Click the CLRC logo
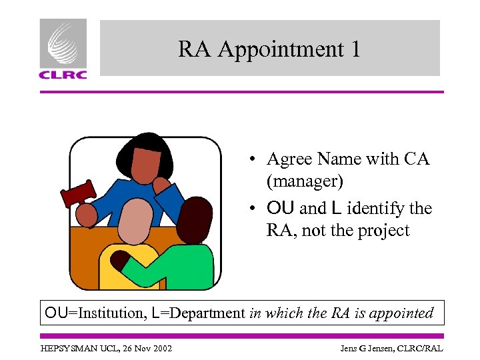pyautogui.click(x=63, y=49)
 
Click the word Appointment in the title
pyautogui.click(x=278, y=49)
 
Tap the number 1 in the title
pyautogui.click(x=355, y=49)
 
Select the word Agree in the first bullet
pyautogui.click(x=289, y=159)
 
